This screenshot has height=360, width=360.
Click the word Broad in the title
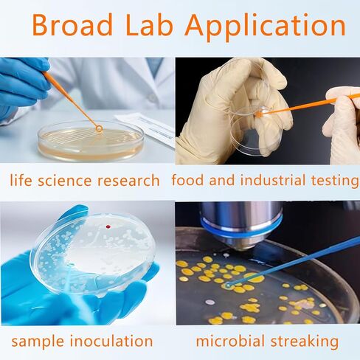click(72, 25)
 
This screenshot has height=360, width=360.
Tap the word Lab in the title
click(149, 25)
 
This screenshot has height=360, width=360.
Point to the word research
click(128, 180)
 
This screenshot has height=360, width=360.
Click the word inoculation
click(111, 341)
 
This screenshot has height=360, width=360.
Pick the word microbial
click(230, 341)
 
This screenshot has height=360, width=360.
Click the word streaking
click(305, 342)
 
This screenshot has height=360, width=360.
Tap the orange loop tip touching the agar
click(99, 128)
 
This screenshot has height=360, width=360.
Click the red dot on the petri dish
click(108, 226)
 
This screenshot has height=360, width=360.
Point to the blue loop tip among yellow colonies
click(228, 285)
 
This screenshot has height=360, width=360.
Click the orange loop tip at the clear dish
click(258, 114)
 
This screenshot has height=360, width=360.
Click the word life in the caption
click(21, 180)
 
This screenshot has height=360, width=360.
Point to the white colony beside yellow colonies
click(210, 302)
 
